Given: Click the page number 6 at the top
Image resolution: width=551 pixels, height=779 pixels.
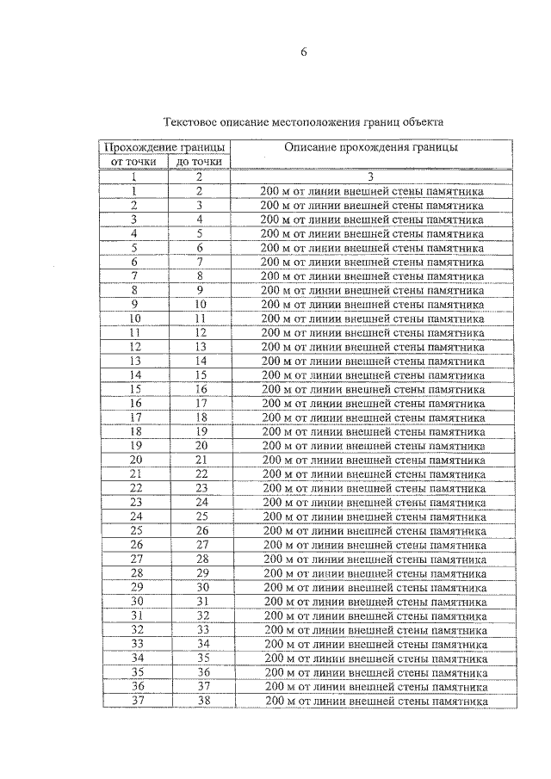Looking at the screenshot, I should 303,53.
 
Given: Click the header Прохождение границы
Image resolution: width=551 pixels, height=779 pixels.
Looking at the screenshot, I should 166,148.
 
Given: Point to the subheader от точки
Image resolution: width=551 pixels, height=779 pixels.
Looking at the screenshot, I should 134,162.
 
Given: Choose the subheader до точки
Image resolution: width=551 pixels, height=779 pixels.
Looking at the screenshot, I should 199,162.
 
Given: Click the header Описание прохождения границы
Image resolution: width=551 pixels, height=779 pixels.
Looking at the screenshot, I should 371,148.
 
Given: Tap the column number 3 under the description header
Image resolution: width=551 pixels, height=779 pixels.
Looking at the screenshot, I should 371,176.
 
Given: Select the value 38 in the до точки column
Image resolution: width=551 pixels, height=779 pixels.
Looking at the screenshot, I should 201,701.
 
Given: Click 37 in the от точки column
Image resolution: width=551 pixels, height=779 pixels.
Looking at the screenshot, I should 136,701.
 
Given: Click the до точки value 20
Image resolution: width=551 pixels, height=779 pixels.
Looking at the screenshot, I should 201,446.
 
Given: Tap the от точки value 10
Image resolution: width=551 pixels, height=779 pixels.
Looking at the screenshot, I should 135,318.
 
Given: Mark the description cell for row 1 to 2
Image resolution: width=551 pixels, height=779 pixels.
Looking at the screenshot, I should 371,191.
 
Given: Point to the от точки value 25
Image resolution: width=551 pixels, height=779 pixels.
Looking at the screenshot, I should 136,530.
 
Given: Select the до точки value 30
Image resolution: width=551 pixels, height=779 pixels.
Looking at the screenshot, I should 201,587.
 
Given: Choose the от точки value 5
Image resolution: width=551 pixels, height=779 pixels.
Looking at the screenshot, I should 135,248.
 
